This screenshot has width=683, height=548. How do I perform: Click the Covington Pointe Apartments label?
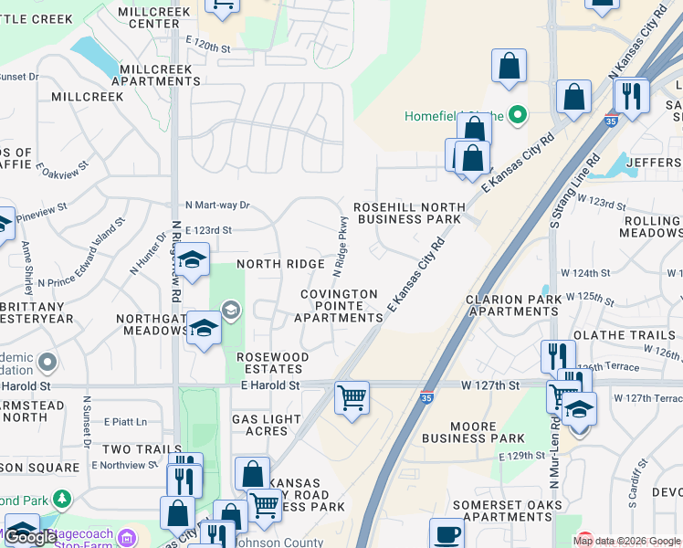point(338,306)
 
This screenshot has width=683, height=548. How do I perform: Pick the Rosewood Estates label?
point(272,363)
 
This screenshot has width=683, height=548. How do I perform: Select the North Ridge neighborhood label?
point(280,264)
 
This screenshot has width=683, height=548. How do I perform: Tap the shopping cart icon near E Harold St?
point(352,397)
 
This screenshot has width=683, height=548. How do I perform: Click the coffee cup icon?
point(447,534)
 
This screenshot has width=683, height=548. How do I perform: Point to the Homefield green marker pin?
point(518,115)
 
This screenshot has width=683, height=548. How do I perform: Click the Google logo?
point(31,537)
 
